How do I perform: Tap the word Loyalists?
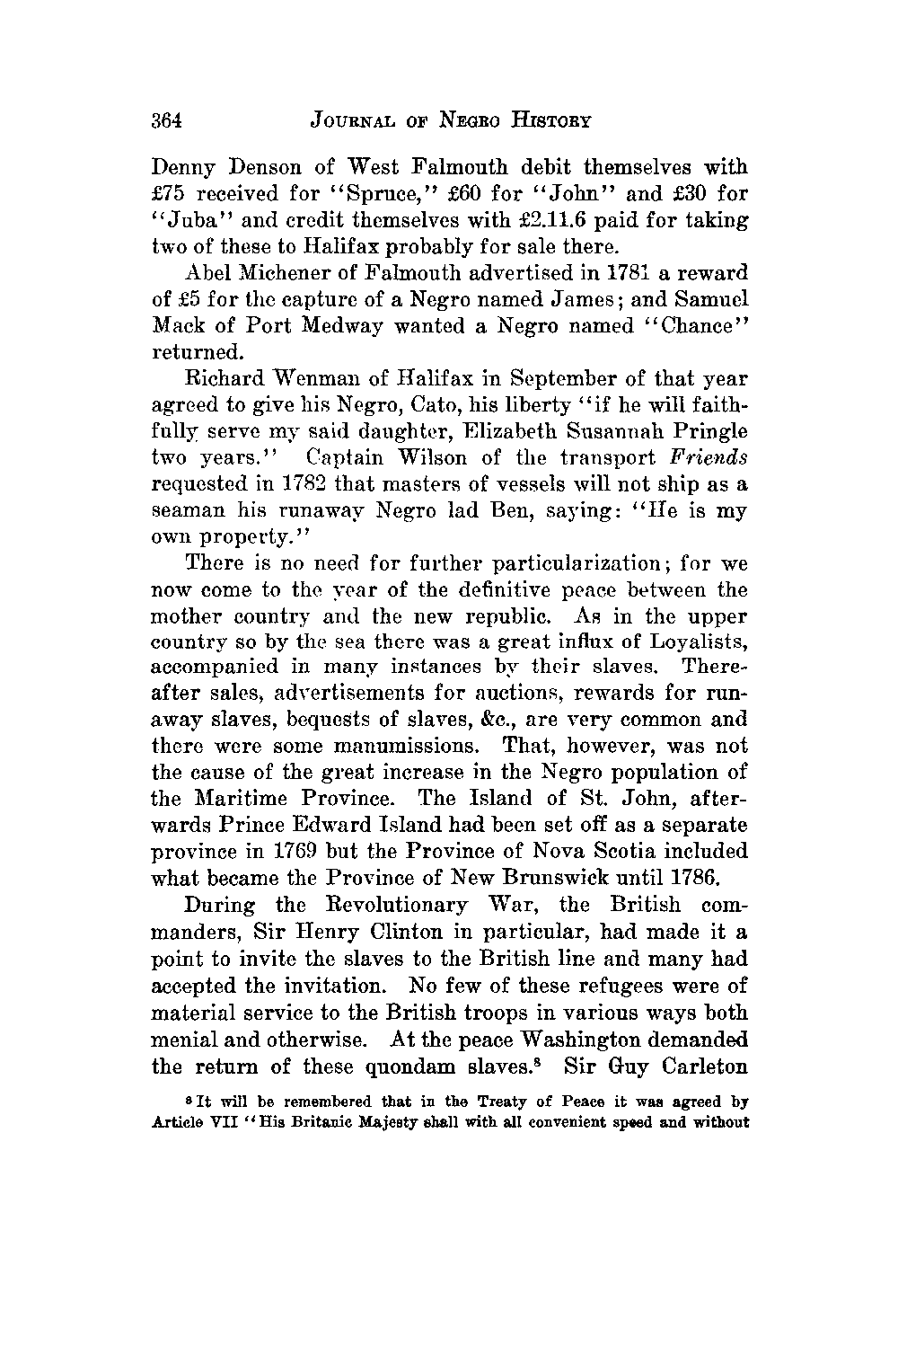tap(696, 642)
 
